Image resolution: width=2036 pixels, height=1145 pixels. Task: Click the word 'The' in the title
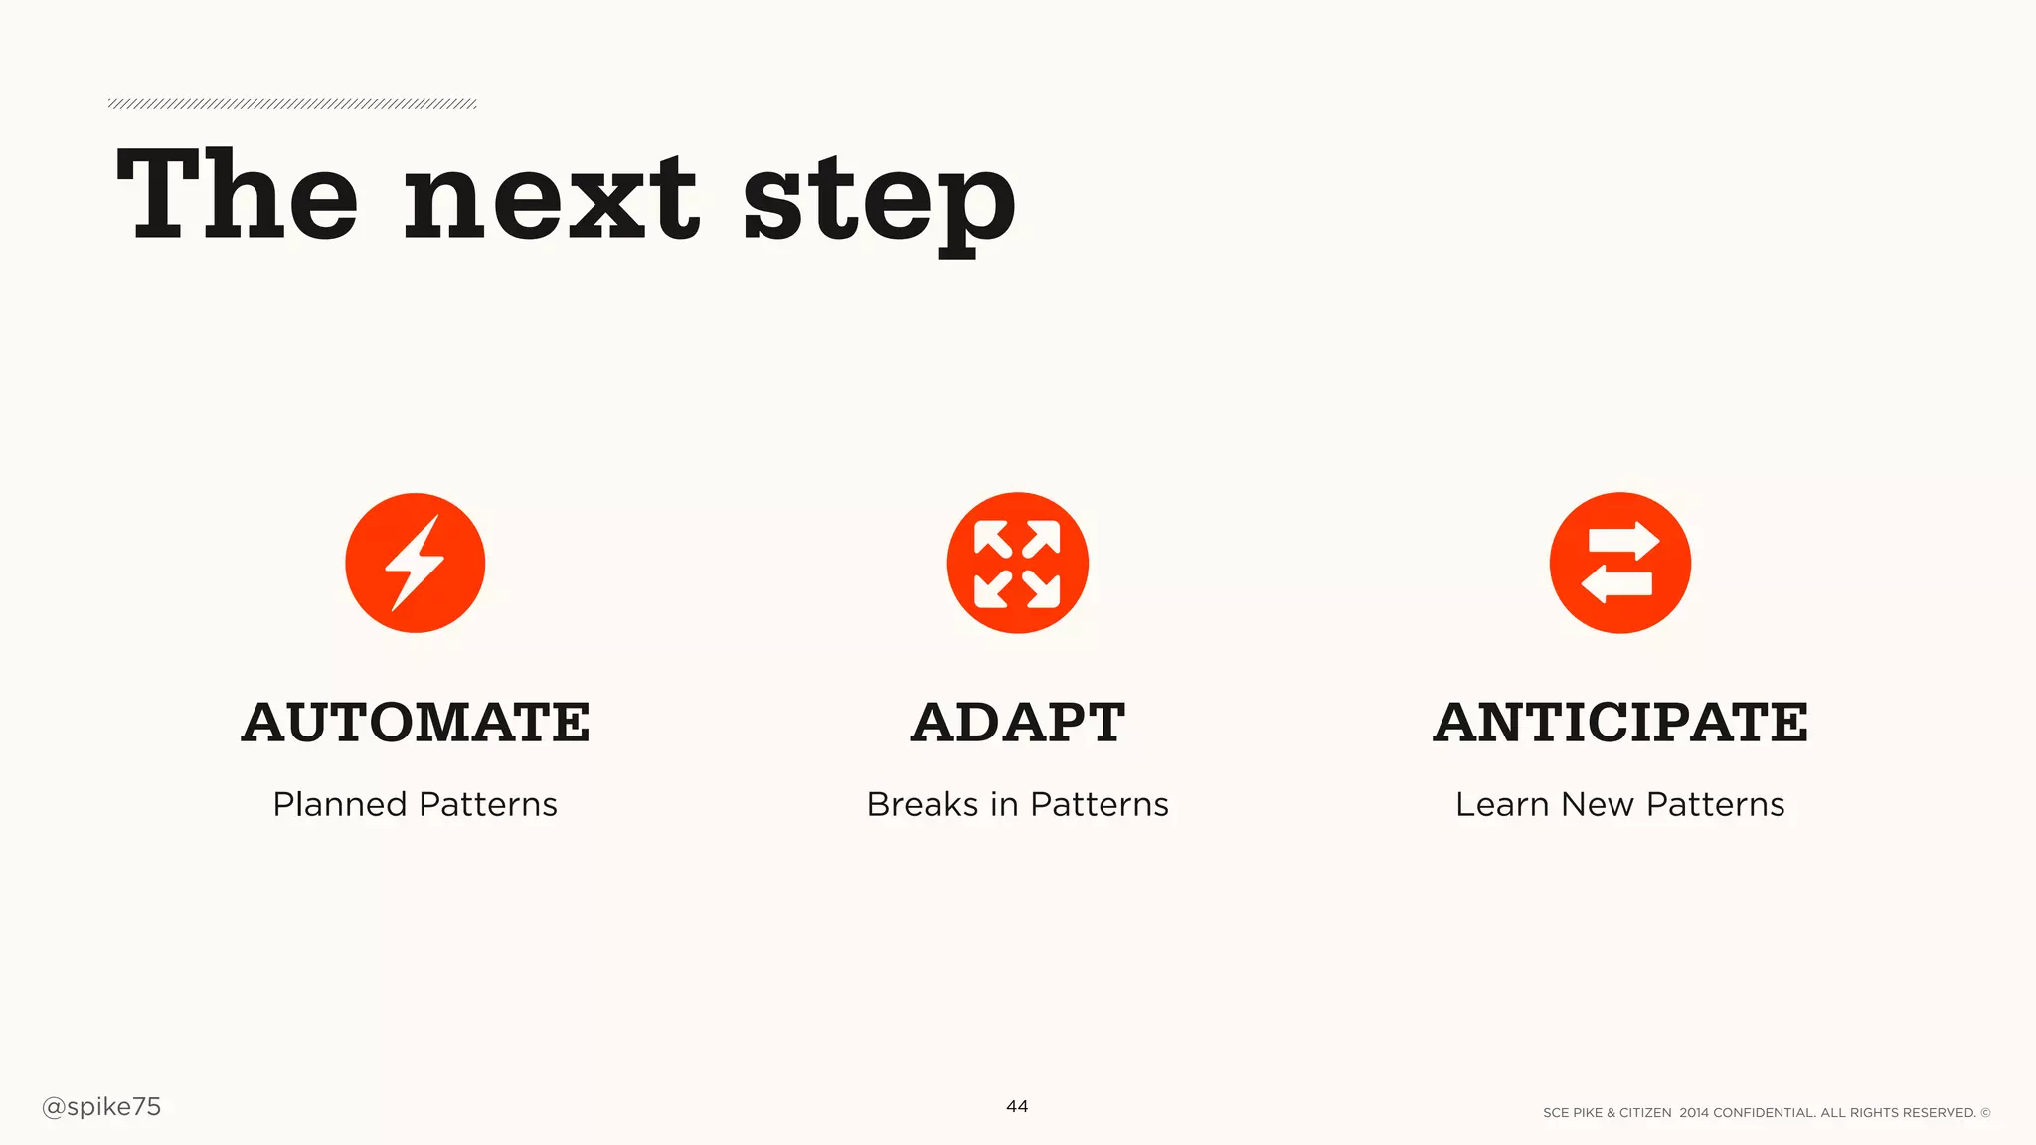click(237, 195)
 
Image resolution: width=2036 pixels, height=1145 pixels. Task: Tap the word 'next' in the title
click(552, 199)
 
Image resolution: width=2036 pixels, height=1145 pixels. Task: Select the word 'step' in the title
click(879, 204)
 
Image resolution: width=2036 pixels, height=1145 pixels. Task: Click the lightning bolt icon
click(416, 563)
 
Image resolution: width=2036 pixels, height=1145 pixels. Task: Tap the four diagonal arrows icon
click(1017, 563)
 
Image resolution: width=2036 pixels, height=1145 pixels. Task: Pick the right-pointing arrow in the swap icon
click(1623, 542)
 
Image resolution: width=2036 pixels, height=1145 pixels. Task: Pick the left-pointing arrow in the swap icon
click(1616, 583)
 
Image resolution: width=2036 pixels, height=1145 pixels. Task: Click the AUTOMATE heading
click(416, 722)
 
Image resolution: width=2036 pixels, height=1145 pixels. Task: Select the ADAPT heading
click(1017, 722)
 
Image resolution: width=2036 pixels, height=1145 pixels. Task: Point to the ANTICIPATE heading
click(1620, 722)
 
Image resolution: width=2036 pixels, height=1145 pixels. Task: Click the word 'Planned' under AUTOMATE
click(339, 804)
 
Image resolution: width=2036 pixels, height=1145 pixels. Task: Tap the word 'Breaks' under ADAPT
click(922, 804)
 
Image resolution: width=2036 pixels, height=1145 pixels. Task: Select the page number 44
click(1017, 1106)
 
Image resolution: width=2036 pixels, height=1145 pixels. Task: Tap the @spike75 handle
click(101, 1107)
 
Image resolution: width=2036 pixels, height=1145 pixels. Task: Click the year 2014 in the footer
click(1694, 1113)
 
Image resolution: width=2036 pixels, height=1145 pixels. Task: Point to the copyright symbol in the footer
click(1985, 1113)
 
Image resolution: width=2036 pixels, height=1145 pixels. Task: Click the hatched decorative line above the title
click(292, 104)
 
